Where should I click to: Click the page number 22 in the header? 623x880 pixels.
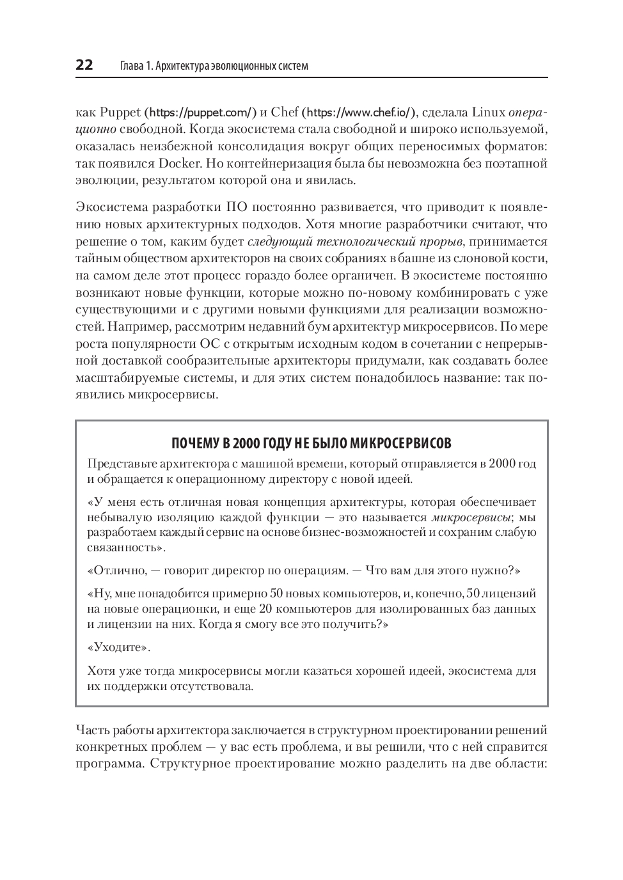[x=84, y=65]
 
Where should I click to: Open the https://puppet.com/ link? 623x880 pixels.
[x=201, y=113]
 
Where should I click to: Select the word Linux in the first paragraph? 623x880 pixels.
[x=489, y=113]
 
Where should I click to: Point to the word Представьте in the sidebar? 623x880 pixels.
[x=119, y=464]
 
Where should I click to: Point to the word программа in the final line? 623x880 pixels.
[x=106, y=764]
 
